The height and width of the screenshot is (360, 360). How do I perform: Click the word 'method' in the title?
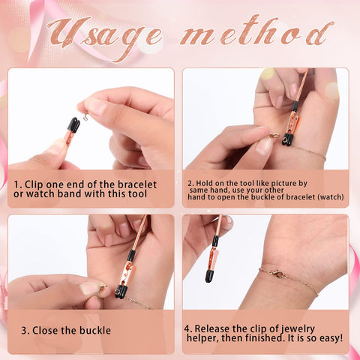coord(257,31)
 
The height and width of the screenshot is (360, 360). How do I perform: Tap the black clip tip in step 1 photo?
coord(73,124)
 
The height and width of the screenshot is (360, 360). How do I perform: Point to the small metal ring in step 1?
coord(85,117)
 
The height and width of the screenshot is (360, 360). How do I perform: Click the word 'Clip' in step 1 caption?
coord(34,184)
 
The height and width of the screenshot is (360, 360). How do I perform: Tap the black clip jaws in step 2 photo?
coord(288,139)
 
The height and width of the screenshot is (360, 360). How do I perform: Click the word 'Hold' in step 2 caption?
coord(204,183)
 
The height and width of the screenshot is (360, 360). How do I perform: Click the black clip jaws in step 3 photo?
coord(121,291)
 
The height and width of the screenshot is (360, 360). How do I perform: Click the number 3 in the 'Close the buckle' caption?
coord(24,331)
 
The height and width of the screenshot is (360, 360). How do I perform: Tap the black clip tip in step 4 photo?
coord(209,276)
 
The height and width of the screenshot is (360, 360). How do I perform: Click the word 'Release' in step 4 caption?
coord(212,328)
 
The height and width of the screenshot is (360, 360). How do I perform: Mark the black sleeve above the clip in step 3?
coord(131,256)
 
